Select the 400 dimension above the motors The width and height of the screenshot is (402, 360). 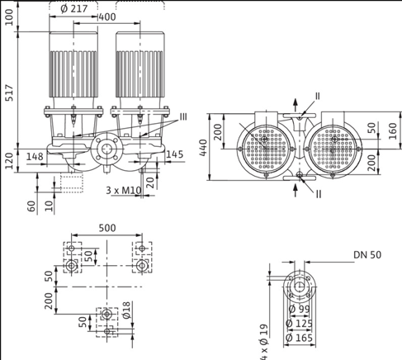(x=106, y=17)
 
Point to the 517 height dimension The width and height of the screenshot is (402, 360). (x=10, y=91)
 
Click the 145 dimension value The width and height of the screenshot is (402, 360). (x=174, y=155)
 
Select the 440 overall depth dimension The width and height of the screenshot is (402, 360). (x=203, y=148)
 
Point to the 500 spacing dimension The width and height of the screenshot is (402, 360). (x=106, y=227)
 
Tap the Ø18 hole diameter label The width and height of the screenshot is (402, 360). (x=127, y=310)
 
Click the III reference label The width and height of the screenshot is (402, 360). (x=182, y=116)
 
